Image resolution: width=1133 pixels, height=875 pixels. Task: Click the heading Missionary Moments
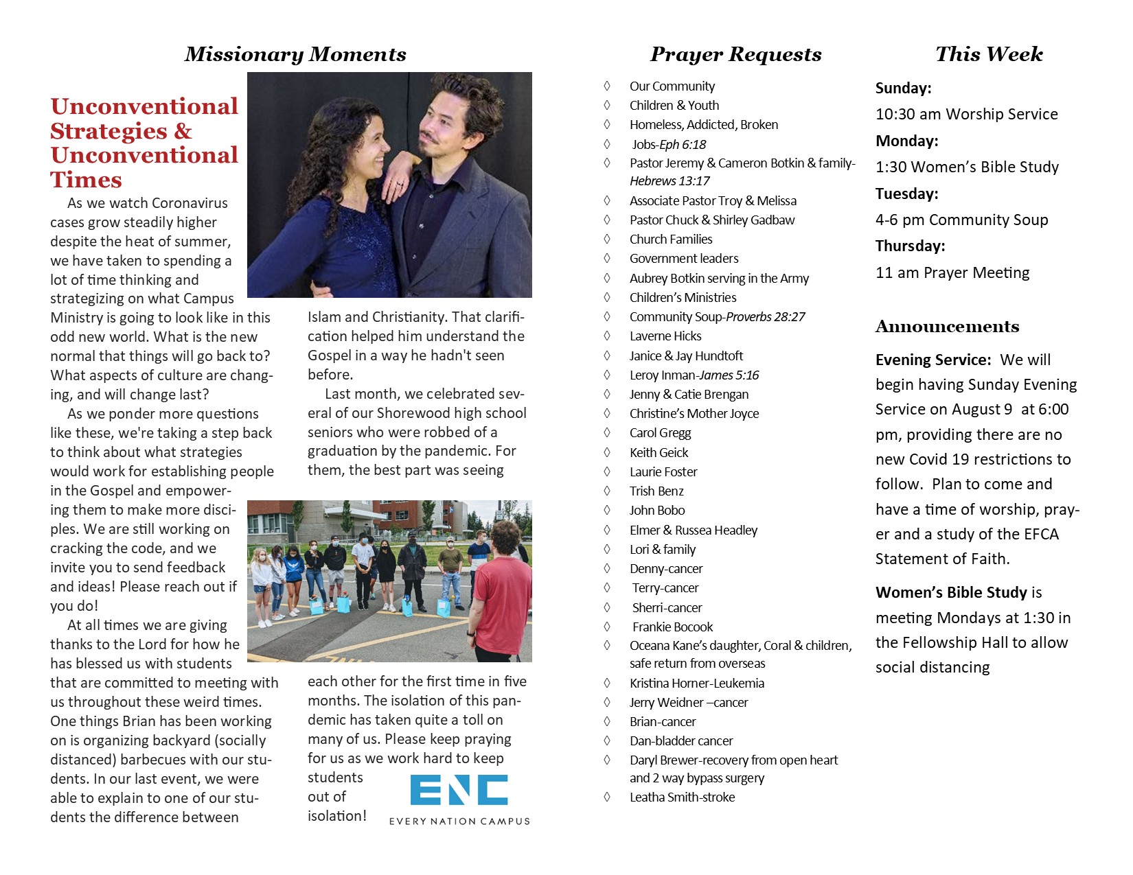[295, 54]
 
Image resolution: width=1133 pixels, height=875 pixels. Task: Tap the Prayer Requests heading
[735, 54]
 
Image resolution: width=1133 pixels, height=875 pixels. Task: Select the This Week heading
[989, 54]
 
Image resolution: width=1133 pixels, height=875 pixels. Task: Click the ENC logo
[459, 790]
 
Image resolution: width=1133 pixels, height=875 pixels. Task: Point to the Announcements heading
[947, 327]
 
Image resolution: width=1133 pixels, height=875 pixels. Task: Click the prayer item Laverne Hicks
[665, 336]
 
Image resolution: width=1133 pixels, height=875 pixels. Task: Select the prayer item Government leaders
[684, 259]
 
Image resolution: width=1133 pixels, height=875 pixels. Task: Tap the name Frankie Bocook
[672, 627]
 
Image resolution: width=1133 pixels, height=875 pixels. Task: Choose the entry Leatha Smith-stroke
[682, 797]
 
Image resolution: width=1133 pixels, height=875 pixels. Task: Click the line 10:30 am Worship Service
[966, 115]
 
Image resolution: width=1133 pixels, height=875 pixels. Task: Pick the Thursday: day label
[910, 246]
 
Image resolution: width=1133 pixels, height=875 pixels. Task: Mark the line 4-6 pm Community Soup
[961, 220]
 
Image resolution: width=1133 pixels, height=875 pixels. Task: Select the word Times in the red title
[86, 180]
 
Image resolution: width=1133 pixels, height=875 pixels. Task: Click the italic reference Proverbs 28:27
[766, 317]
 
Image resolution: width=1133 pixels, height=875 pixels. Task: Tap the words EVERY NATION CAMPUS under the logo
[459, 821]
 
